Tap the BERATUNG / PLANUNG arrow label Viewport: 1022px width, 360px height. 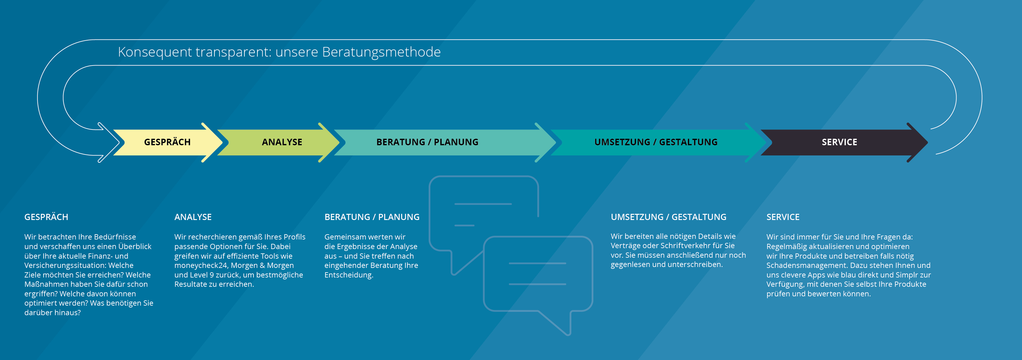[x=427, y=142]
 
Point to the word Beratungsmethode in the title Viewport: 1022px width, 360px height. [x=381, y=52]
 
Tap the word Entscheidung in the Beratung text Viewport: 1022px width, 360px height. [x=348, y=275]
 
